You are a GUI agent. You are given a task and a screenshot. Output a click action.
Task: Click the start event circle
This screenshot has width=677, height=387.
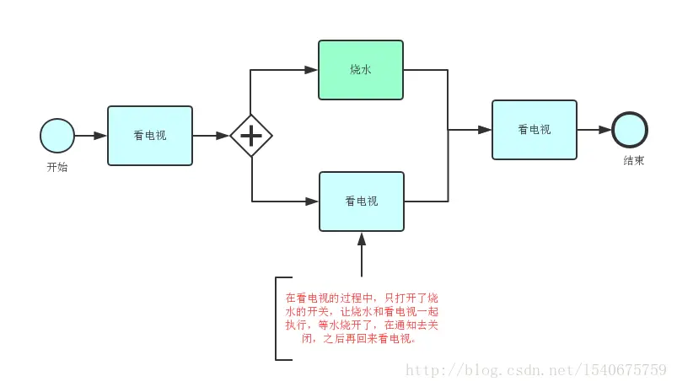[56, 135]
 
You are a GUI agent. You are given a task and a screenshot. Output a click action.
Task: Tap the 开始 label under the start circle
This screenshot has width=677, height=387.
[56, 167]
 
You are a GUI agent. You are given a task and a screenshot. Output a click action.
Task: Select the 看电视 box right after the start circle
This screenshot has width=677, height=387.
[150, 135]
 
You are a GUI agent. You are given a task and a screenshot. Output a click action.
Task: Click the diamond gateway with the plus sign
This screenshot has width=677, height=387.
[251, 135]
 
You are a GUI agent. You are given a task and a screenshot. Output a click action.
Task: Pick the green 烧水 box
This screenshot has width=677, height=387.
[361, 69]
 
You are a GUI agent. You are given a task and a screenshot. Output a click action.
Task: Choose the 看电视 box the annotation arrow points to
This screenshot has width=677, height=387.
[361, 201]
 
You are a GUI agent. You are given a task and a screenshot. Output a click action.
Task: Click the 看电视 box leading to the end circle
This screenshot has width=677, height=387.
[534, 130]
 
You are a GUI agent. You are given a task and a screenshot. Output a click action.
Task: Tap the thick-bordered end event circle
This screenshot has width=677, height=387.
[630, 130]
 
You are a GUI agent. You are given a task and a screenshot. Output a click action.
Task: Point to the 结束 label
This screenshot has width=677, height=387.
[633, 161]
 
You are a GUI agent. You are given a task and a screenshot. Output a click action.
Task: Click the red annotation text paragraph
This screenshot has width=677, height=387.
[361, 318]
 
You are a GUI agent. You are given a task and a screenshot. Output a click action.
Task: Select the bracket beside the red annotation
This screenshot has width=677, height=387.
[279, 318]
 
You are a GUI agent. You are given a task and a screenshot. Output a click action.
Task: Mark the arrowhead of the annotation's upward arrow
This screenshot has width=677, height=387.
[361, 239]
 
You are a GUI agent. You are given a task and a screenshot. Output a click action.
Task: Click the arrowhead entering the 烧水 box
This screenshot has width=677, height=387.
[312, 69]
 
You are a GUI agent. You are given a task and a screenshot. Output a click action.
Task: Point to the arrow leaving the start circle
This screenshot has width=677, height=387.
[90, 135]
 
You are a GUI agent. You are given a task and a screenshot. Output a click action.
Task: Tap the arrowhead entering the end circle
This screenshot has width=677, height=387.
[605, 130]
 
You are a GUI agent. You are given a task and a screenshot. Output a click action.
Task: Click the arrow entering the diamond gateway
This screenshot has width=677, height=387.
[211, 135]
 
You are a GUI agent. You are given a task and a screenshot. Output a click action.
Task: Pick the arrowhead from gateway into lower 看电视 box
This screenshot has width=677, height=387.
[312, 202]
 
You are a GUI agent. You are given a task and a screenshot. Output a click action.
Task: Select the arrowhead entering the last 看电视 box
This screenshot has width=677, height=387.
[485, 130]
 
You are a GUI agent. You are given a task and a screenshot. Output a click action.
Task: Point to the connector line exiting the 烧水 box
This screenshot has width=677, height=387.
[426, 69]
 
